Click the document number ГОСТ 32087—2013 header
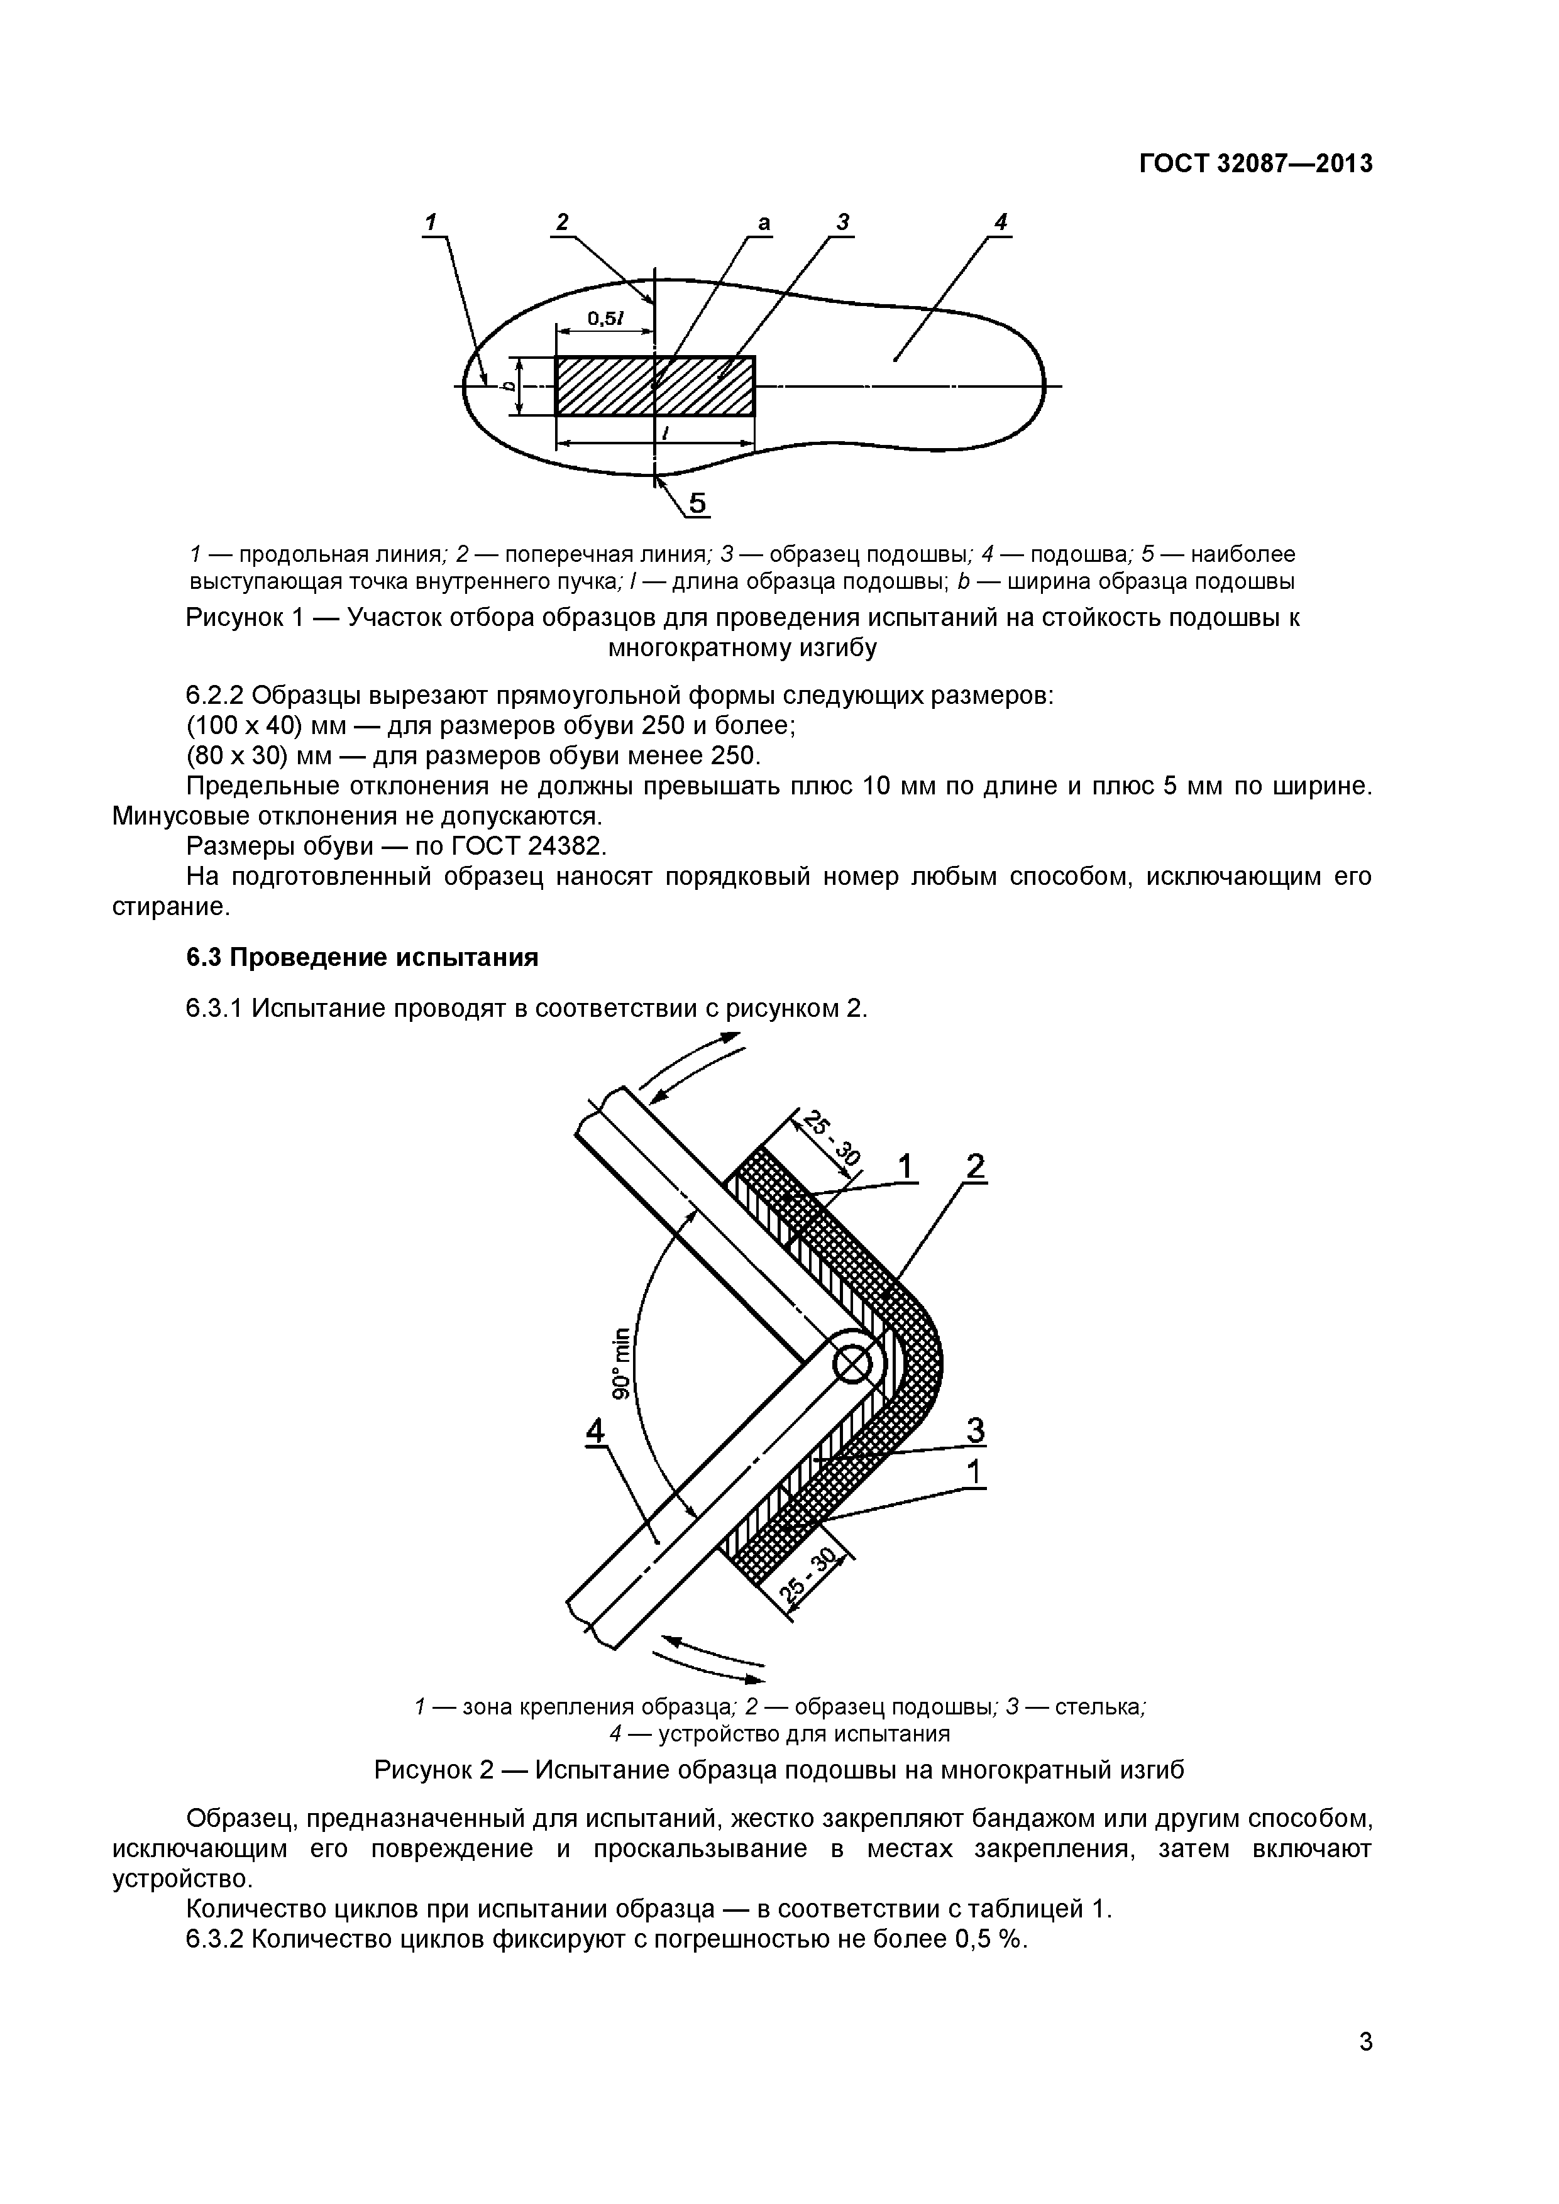pos(1255,164)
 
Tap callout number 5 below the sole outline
pos(698,503)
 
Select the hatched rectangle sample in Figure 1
pos(654,386)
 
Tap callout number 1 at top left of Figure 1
pos(431,222)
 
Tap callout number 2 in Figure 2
pos(976,1167)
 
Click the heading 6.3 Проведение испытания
pos(362,957)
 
